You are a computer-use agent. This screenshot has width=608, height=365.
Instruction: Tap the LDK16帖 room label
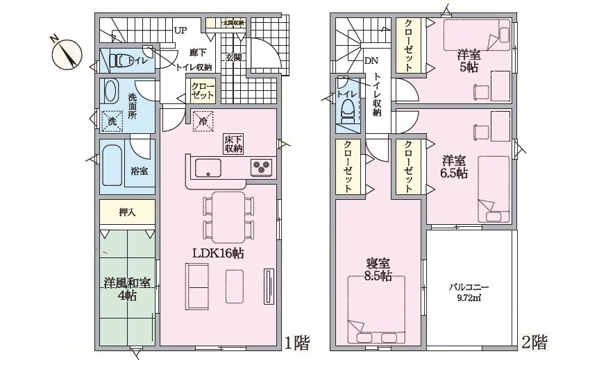point(219,253)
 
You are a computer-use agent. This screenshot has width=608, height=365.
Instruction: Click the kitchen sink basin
point(208,168)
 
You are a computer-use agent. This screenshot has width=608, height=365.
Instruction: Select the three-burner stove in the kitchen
point(262,167)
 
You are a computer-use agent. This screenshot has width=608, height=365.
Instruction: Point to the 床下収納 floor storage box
point(233,144)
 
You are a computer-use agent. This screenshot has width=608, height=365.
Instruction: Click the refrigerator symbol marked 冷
point(203,121)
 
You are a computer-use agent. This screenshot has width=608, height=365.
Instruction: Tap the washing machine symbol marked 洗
point(112,121)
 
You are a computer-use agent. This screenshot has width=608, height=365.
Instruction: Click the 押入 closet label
point(127,212)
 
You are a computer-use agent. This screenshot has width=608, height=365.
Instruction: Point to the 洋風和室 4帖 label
point(127,289)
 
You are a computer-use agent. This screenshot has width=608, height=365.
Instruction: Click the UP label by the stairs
point(180,31)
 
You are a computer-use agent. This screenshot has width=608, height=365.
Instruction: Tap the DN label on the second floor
point(371,61)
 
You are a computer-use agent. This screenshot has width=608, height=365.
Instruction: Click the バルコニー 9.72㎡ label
point(469,292)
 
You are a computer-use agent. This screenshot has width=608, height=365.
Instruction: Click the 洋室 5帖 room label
point(468,60)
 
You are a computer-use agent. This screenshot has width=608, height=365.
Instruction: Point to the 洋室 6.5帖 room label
point(454,167)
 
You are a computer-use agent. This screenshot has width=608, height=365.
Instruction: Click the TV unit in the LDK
point(268,287)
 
